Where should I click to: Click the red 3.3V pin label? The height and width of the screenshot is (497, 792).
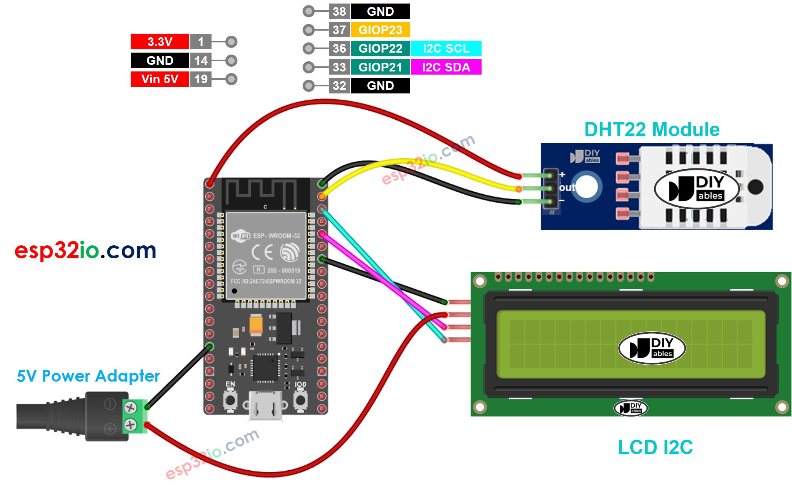(x=160, y=42)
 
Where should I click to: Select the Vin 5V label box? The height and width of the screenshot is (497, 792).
(x=160, y=79)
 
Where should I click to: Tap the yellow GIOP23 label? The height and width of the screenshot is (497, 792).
(x=380, y=30)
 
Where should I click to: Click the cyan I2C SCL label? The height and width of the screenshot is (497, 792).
(x=446, y=48)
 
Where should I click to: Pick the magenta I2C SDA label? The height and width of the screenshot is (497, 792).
(x=446, y=67)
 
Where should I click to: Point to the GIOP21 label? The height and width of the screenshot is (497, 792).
(x=380, y=67)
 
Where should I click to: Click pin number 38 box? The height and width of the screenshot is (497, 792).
(x=339, y=11)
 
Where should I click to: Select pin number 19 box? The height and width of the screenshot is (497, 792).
(x=201, y=79)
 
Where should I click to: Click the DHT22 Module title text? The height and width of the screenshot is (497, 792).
(x=651, y=130)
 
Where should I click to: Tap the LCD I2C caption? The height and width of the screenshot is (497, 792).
(x=655, y=447)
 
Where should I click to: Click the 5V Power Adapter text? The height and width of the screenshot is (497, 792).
(x=88, y=376)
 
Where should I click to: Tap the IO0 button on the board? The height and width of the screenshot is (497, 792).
(x=300, y=400)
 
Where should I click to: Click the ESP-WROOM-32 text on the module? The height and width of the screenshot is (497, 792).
(x=276, y=236)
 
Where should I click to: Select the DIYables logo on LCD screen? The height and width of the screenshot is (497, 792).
(x=651, y=348)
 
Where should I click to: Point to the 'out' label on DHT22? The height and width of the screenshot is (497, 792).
(x=567, y=188)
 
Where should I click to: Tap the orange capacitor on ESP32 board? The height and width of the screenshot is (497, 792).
(x=256, y=325)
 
